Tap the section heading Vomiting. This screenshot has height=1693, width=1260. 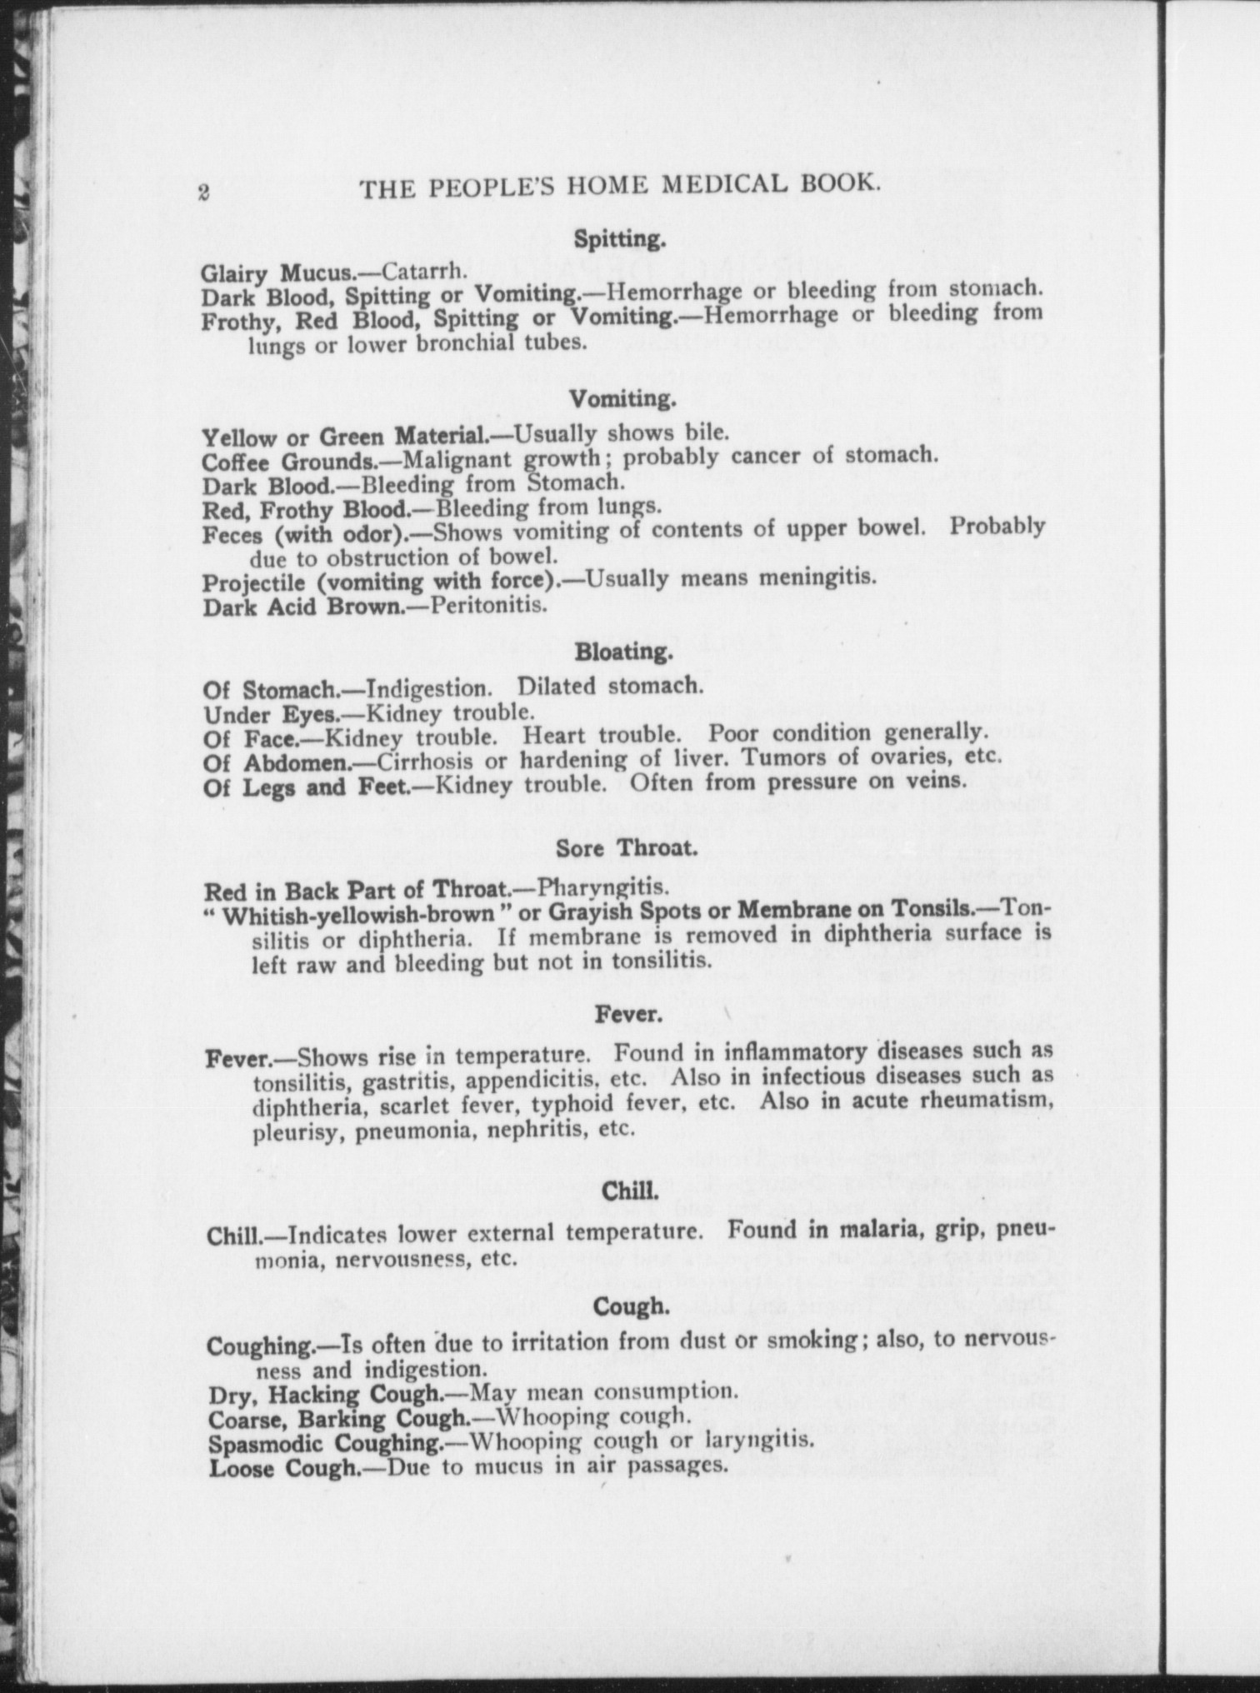point(622,400)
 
